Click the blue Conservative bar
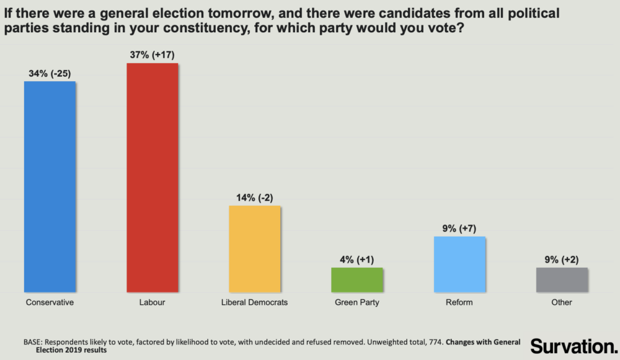click(50, 186)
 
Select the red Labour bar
click(152, 177)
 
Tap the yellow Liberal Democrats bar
click(255, 248)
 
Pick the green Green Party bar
click(357, 279)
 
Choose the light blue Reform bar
click(459, 264)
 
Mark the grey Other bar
click(562, 279)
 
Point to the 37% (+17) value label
click(152, 55)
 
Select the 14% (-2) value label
click(255, 197)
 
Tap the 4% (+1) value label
click(357, 259)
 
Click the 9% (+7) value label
click(459, 228)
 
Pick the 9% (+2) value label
click(562, 259)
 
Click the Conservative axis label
click(50, 302)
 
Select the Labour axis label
click(152, 302)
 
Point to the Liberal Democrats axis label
click(255, 302)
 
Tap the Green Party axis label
click(357, 303)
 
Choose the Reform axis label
click(459, 302)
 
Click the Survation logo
click(573, 345)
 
